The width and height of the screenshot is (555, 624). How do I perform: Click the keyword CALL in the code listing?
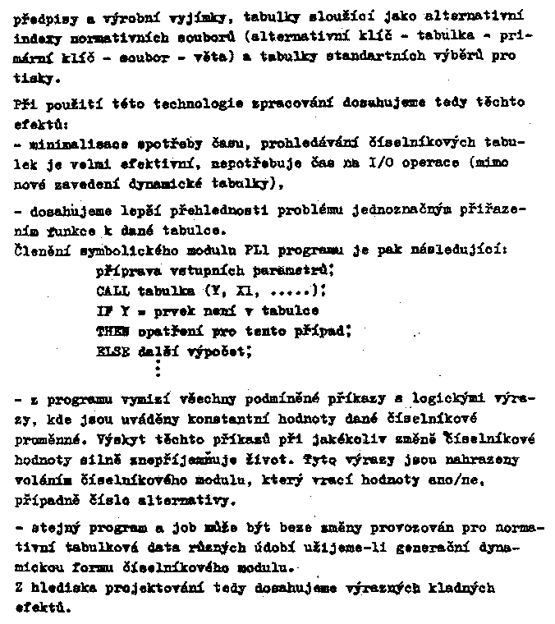click(x=112, y=291)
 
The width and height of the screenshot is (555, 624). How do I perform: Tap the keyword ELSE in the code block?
click(x=112, y=351)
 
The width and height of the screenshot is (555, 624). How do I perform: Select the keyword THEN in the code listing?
click(x=112, y=331)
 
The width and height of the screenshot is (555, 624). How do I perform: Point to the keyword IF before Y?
click(x=103, y=311)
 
